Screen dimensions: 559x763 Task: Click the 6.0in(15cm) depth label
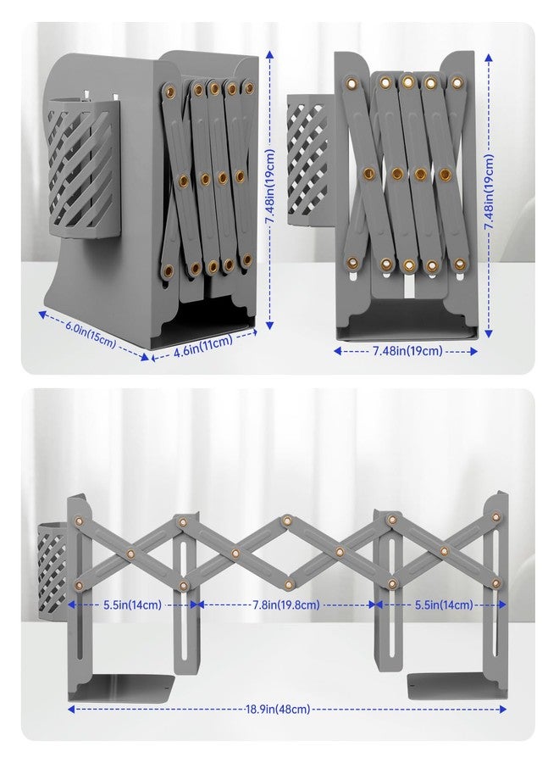91,334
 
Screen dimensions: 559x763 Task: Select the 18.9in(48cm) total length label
278,709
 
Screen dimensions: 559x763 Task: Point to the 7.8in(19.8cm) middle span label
286,604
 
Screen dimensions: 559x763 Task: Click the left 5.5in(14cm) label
132,604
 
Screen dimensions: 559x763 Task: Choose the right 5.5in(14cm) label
444,604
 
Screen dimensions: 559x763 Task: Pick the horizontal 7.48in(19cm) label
407,351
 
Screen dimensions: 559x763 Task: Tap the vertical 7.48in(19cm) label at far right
489,192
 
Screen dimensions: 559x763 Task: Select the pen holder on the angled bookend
84,168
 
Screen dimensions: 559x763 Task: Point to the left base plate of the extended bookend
121,687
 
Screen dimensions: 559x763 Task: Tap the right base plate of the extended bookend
455,686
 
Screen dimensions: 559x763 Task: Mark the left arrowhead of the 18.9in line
71,710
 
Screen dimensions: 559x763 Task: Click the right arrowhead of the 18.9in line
502,710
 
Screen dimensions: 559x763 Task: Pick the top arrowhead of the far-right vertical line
489,58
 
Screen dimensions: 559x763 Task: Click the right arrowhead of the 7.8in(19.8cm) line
373,604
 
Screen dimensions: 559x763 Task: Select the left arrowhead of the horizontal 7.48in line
337,351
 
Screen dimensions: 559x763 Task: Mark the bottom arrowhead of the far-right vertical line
489,334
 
